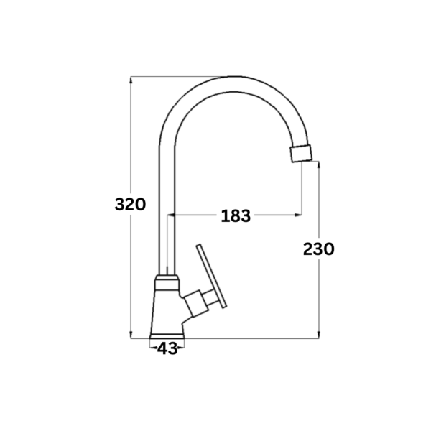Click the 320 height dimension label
(x=130, y=205)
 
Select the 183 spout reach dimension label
(x=236, y=215)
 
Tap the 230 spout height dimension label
(x=318, y=249)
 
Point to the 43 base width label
(x=167, y=349)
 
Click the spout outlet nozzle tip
(x=301, y=153)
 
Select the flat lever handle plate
(x=211, y=276)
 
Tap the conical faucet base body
(x=167, y=312)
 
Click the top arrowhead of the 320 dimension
(x=131, y=80)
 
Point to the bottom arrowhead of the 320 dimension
(x=131, y=335)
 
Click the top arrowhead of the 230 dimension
(x=318, y=165)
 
